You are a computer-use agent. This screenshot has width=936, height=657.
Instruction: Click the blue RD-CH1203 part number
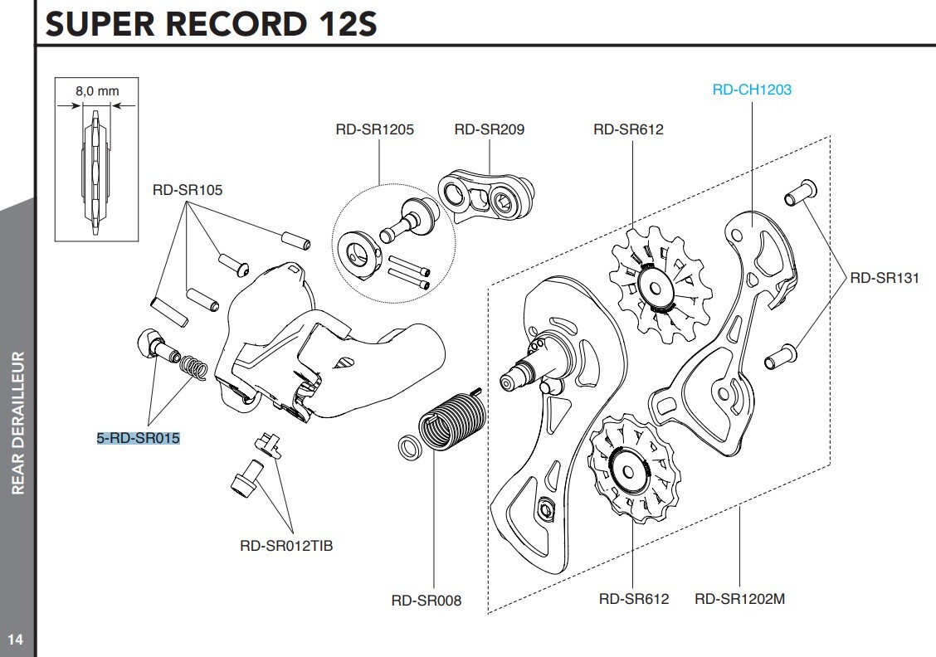tap(752, 90)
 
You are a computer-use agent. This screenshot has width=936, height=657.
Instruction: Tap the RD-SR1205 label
tap(374, 129)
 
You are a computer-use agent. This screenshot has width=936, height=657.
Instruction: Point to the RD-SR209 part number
tap(489, 129)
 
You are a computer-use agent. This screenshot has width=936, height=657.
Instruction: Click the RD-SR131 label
tap(884, 278)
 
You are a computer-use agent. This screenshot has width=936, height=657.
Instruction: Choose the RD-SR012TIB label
tap(286, 546)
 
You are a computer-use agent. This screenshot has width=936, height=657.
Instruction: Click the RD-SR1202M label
tap(739, 598)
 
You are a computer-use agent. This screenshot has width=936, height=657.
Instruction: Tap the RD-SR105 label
tap(187, 190)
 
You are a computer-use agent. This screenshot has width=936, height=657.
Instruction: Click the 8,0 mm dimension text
tap(92, 91)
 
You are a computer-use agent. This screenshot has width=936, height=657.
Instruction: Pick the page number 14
tap(15, 639)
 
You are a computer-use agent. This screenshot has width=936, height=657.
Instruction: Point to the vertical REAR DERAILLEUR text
tap(17, 423)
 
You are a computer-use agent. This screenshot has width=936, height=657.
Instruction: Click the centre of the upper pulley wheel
tap(655, 287)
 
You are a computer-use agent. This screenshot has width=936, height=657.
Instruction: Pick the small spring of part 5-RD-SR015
tap(193, 367)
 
